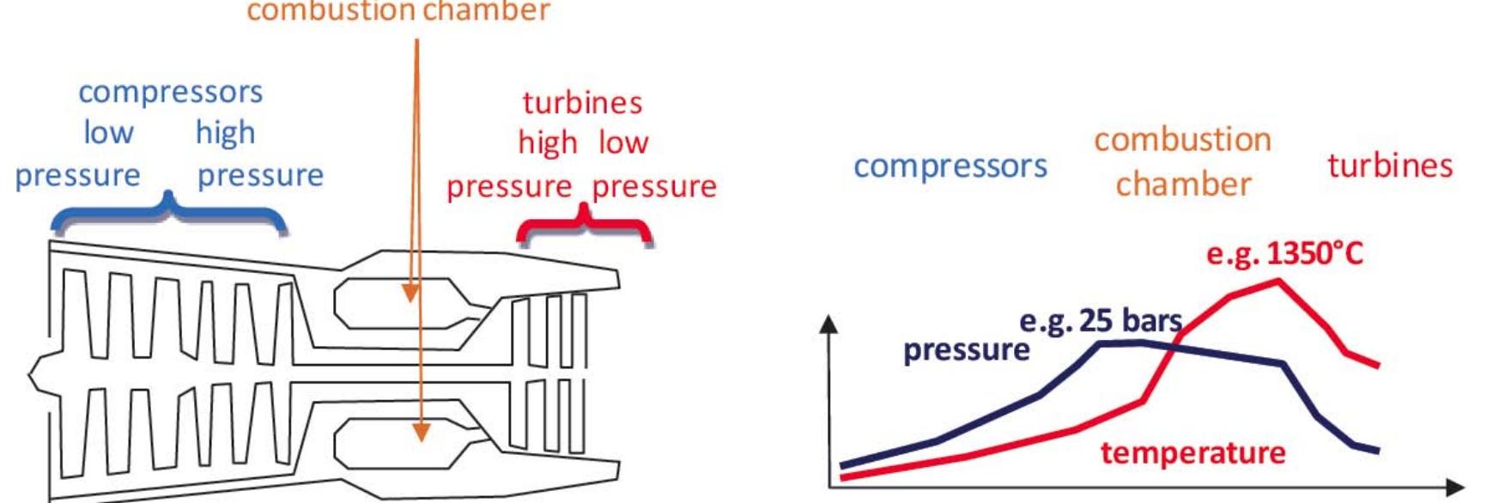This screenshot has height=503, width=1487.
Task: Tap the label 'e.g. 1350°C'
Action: coord(1284,254)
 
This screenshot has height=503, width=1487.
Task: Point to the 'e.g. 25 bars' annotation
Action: coord(1101,321)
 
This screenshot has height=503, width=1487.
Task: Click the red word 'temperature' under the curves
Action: coord(1193,452)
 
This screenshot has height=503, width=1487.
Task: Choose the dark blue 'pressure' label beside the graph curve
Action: coord(966,350)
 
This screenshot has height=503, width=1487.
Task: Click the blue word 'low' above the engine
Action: coord(108,133)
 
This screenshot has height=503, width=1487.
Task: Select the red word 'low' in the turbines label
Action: coord(623,142)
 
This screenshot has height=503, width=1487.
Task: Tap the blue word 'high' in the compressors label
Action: coord(225,133)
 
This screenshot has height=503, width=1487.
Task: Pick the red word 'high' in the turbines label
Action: coord(547,143)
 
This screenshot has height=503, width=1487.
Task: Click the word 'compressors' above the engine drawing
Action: coord(170,92)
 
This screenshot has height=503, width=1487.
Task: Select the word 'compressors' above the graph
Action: coord(950,166)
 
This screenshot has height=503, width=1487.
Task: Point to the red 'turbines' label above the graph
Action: coord(1389,166)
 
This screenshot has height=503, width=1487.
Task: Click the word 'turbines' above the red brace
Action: coord(582,103)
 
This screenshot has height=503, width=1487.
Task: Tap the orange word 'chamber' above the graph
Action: coord(1183,185)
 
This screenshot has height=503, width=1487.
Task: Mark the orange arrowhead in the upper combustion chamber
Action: coord(411,294)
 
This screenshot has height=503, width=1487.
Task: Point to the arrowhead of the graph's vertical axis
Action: coord(828,323)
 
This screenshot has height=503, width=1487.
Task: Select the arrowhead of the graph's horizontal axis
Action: coord(1455,487)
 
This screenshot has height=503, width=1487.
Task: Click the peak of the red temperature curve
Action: coord(1278,282)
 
